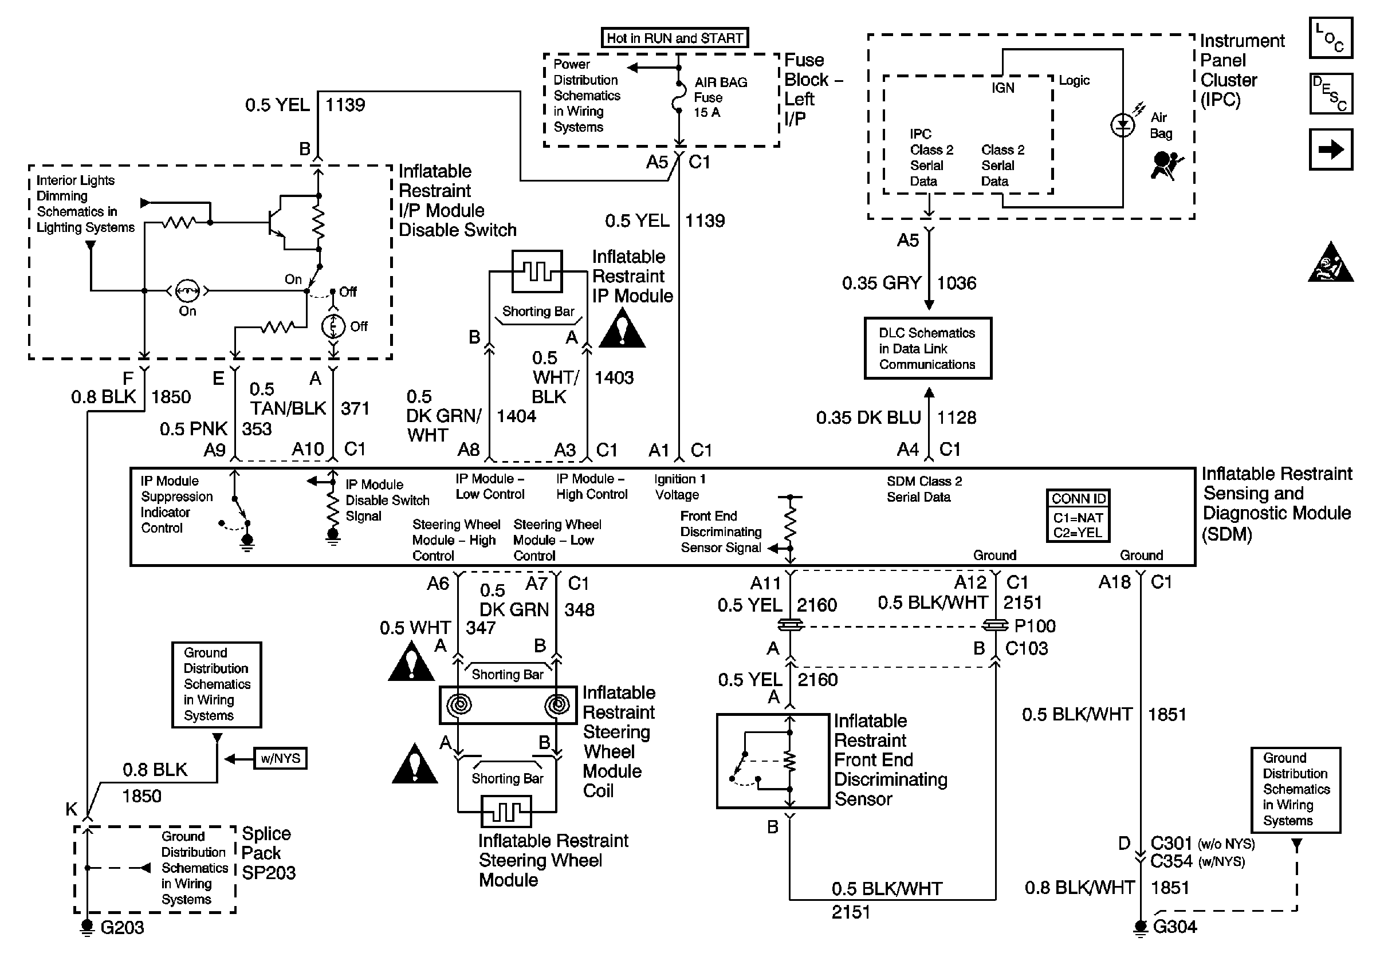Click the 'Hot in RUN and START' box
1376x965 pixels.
[674, 38]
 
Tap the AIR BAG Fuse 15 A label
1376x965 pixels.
[720, 97]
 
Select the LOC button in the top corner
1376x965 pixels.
[1330, 38]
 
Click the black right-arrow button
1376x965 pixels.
[1330, 149]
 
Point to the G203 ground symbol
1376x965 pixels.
[88, 927]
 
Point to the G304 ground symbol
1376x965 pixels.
[1141, 927]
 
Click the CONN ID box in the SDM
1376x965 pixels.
[1078, 516]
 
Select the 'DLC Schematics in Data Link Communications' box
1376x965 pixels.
[927, 349]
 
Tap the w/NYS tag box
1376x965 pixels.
[280, 758]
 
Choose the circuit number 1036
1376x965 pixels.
[957, 283]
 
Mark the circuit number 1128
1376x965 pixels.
[957, 417]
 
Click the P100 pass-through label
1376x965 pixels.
[1035, 626]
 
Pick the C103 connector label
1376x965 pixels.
[1026, 648]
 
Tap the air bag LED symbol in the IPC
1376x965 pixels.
[1122, 125]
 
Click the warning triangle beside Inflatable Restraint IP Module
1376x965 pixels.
[622, 329]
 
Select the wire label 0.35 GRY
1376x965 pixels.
[881, 283]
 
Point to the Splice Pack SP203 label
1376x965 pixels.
[268, 852]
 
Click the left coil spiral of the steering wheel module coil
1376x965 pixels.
[459, 705]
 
